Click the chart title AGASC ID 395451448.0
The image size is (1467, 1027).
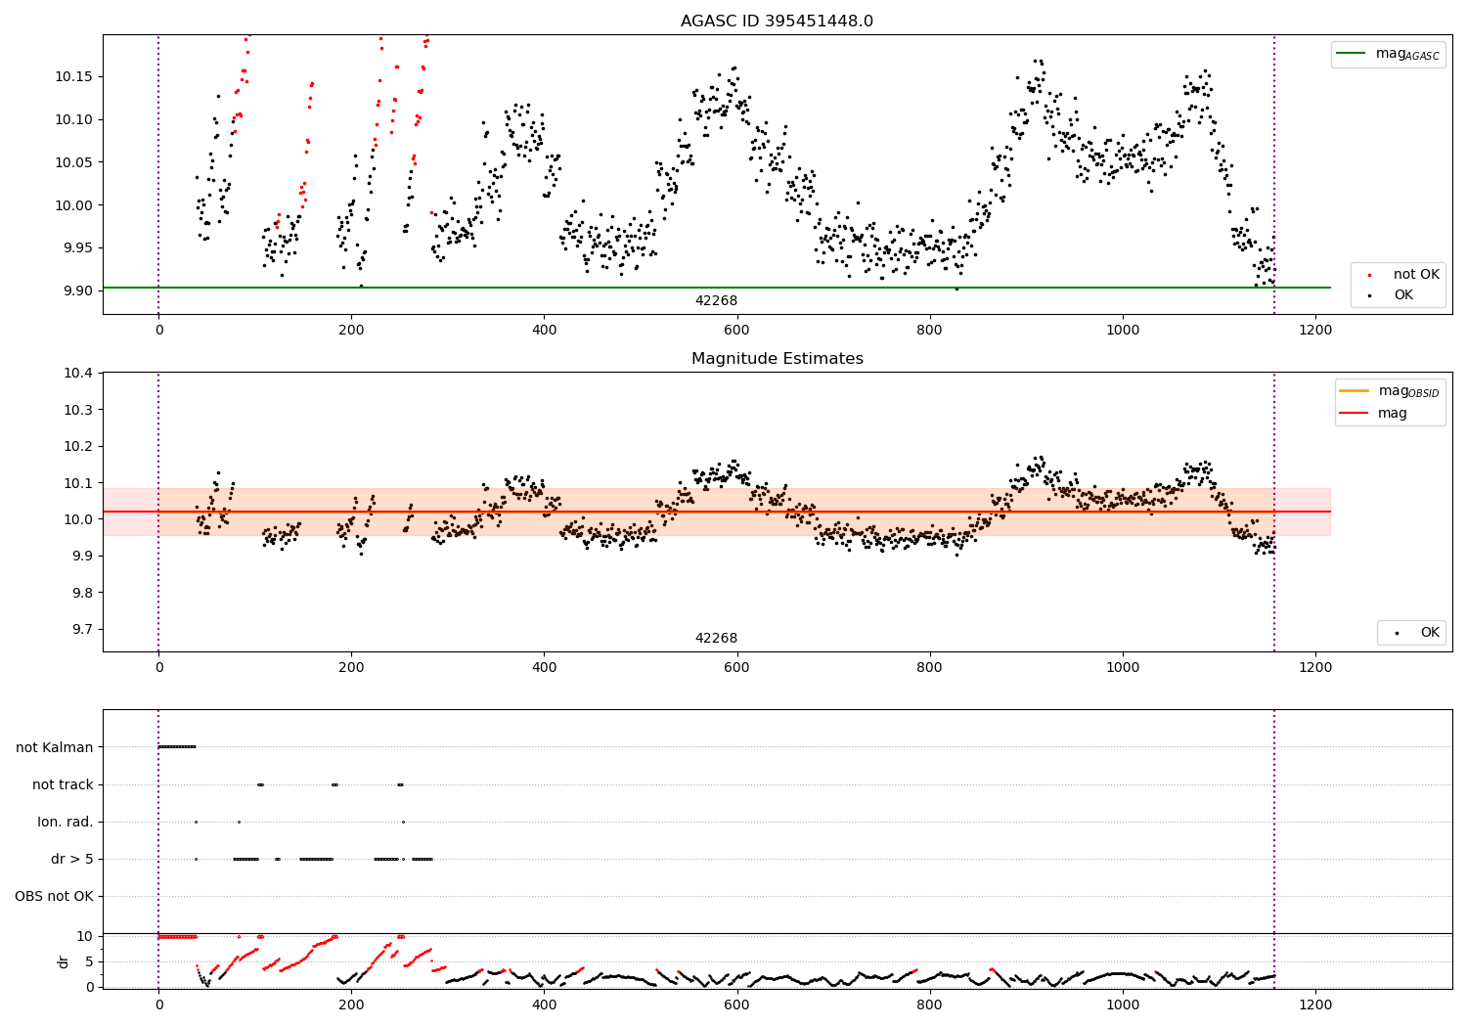coord(777,22)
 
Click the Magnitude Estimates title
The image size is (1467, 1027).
coord(777,359)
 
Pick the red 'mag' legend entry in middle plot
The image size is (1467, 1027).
coord(1392,414)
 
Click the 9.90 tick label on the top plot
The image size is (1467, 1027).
coord(77,290)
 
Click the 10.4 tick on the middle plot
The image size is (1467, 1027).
coord(77,374)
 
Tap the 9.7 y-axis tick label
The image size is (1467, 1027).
coord(77,630)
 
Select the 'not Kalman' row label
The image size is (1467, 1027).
coord(55,747)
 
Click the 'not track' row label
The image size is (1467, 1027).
coord(63,784)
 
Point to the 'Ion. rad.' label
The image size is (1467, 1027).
coord(66,822)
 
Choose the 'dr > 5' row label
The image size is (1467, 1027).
coord(71,859)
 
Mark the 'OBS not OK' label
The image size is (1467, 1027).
coord(54,896)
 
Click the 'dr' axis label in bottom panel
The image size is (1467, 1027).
coord(64,961)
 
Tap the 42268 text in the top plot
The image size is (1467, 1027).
coord(716,301)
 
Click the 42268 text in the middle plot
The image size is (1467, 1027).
coord(716,639)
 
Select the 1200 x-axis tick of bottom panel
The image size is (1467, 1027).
coord(1315,1005)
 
